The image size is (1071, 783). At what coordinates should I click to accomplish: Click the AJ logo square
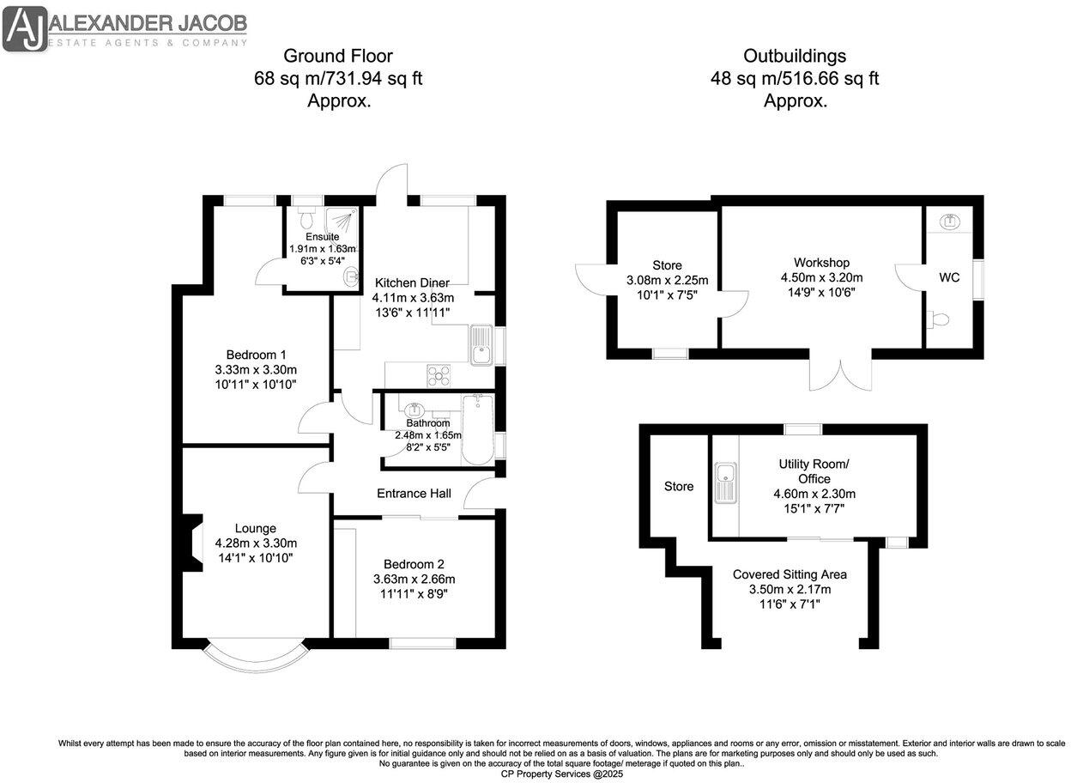coord(25,27)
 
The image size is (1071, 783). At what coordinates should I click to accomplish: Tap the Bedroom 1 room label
coord(256,355)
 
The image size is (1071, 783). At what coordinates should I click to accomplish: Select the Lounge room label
coord(256,528)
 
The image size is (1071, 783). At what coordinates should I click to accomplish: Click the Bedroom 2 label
coord(414,564)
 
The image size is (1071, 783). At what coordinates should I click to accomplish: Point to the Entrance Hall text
coord(414,493)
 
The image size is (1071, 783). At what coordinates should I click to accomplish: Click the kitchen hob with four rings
coord(440,373)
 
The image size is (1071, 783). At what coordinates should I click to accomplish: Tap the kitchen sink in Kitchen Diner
coord(481,345)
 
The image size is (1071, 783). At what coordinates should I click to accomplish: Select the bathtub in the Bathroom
coord(476,429)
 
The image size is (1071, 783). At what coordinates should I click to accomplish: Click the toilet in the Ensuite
coord(306,219)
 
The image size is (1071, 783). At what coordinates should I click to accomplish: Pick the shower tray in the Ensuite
coord(342,225)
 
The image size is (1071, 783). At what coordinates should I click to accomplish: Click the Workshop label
coord(821,262)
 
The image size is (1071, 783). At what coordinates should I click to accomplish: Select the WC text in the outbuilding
coord(949,277)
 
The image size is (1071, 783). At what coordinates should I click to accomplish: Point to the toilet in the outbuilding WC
coord(939,319)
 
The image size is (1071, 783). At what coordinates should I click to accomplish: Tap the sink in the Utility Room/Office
coord(725,482)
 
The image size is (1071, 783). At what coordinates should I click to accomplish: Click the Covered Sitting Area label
coord(790,574)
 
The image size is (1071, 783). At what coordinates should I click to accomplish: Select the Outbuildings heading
coord(795,57)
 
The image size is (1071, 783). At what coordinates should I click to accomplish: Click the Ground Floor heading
coord(338,57)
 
